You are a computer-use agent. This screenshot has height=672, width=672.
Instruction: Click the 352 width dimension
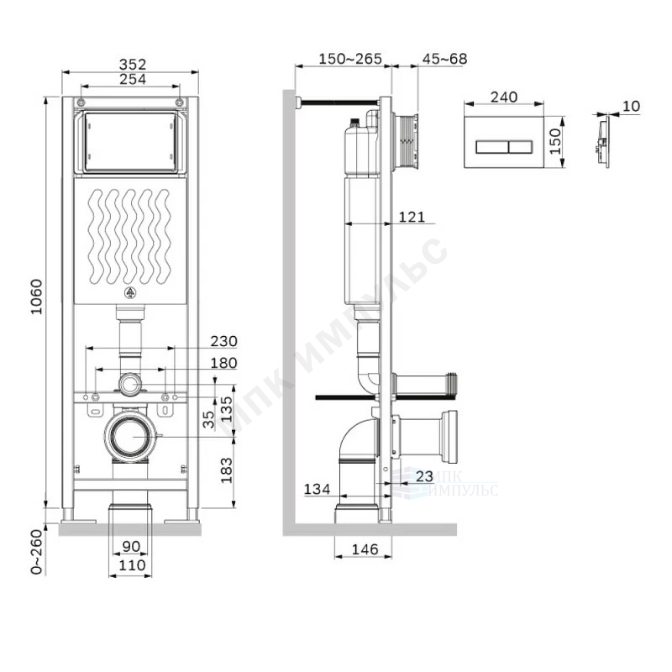click(133, 64)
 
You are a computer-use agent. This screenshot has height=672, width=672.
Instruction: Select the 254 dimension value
click(133, 80)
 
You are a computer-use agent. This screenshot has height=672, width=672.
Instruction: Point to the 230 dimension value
click(223, 342)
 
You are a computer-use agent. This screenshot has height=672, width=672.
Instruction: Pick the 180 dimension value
click(223, 363)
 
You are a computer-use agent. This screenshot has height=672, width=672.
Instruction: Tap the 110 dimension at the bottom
click(132, 566)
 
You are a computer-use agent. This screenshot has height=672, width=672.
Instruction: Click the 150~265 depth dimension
click(350, 59)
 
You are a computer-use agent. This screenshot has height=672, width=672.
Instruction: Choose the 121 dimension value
click(412, 218)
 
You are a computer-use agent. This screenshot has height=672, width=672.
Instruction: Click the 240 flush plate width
click(503, 97)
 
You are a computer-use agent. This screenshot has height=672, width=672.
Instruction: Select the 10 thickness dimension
click(632, 106)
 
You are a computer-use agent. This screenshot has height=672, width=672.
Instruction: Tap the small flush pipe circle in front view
click(130, 386)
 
